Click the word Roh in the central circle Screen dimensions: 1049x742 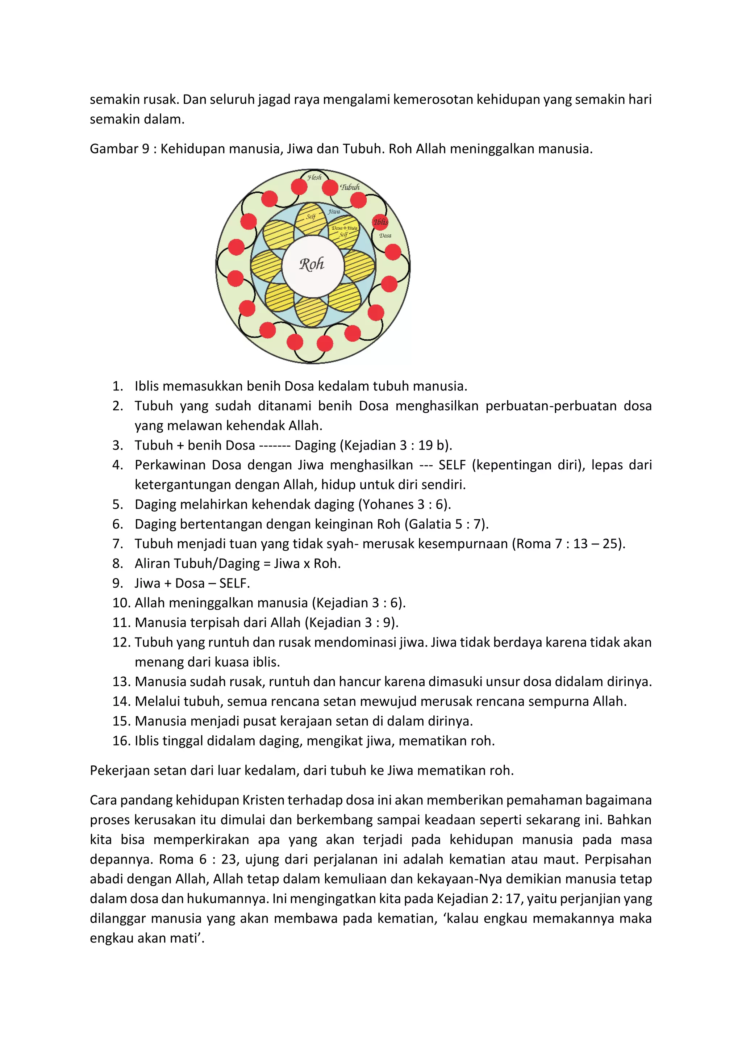click(312, 264)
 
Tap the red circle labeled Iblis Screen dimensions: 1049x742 click(380, 222)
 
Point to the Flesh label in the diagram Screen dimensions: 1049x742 click(314, 177)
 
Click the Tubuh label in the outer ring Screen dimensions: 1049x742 click(350, 187)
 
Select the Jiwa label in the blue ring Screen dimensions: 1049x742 click(334, 212)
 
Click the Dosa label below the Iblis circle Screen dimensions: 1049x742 click(385, 236)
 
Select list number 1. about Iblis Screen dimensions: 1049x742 click(118, 386)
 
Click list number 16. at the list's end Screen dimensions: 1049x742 click(121, 741)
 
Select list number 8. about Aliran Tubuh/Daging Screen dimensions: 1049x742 click(118, 564)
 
